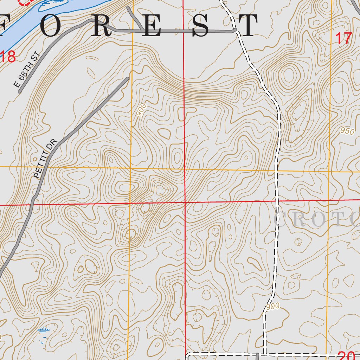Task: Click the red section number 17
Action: (343, 38)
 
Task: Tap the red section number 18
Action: (8, 57)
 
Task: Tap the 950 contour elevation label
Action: (347, 131)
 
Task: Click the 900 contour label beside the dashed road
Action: (272, 307)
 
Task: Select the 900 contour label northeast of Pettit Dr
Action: (141, 110)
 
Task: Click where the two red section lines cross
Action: (185, 202)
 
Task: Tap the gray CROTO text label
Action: (316, 220)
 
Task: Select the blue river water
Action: (35, 18)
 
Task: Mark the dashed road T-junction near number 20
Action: (264, 354)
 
